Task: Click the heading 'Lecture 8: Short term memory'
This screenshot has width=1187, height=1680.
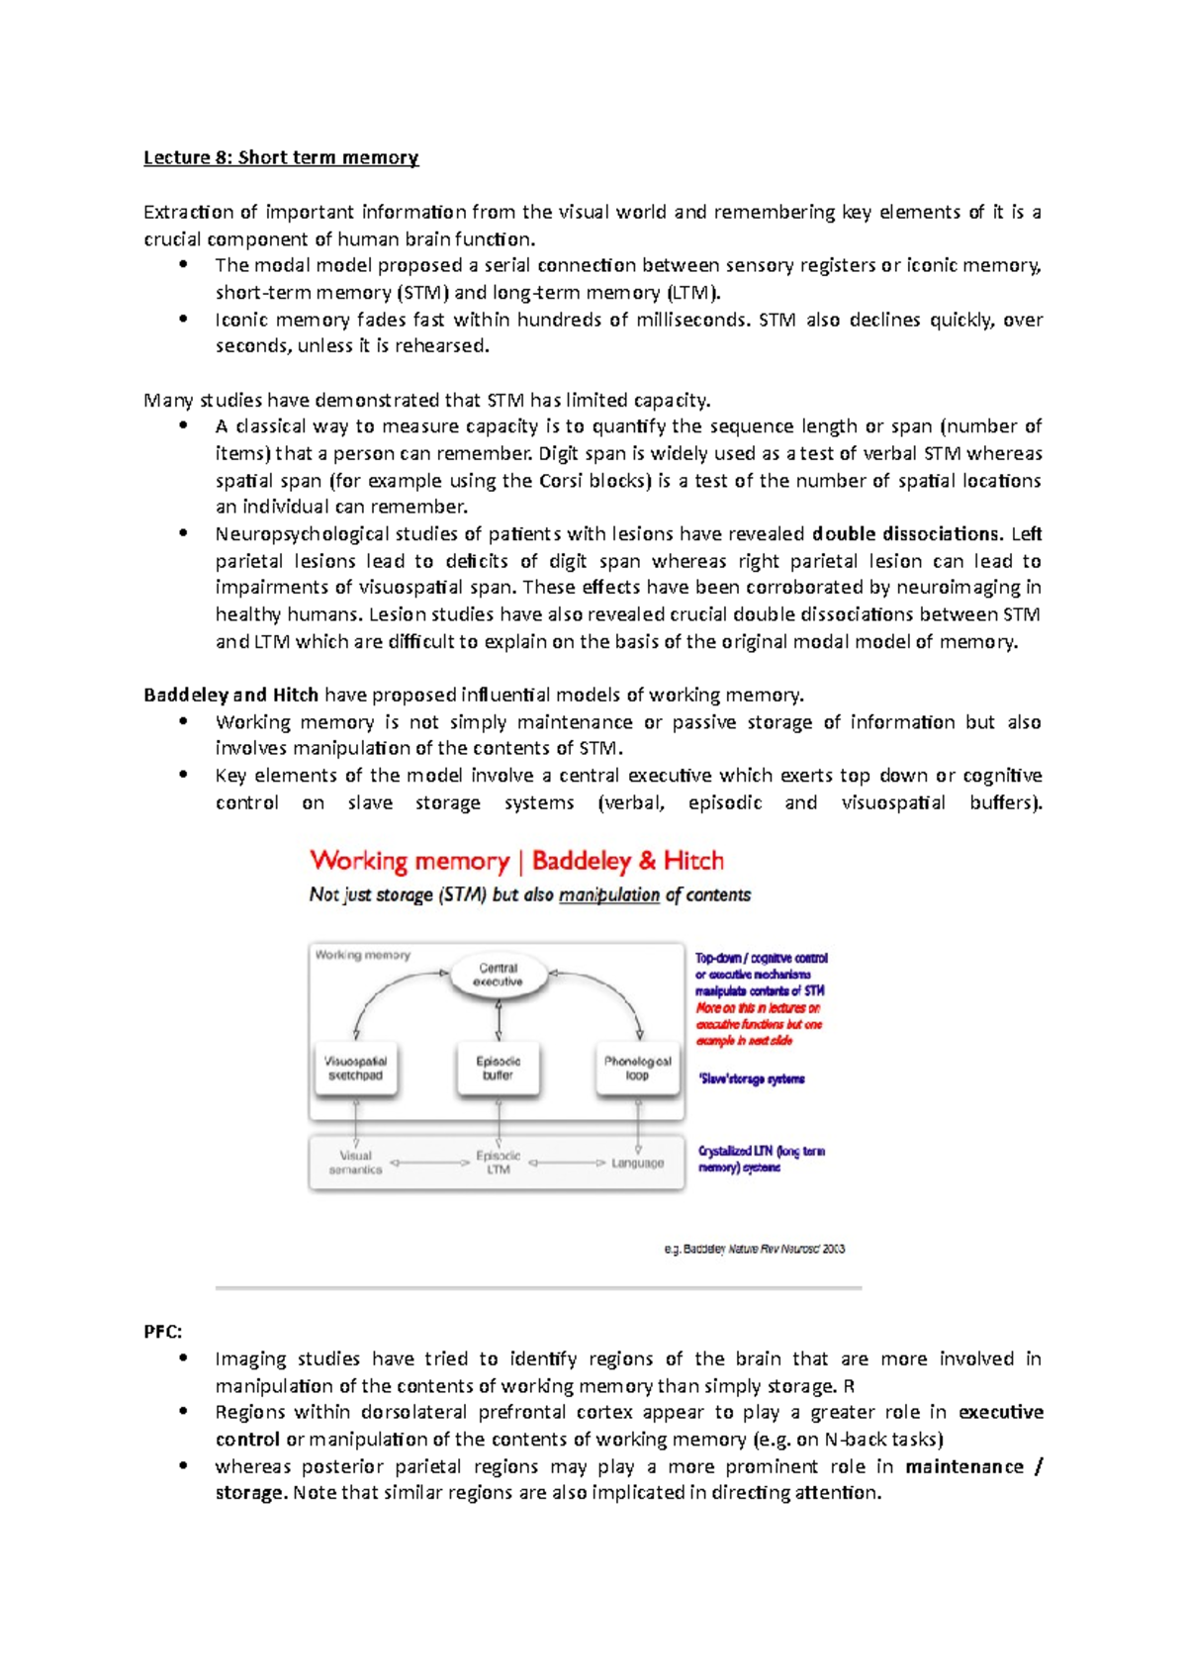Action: click(281, 157)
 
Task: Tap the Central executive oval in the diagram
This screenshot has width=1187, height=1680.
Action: click(498, 975)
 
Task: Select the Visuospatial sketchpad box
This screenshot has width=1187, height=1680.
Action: click(356, 1069)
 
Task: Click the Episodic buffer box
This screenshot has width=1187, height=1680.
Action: click(498, 1069)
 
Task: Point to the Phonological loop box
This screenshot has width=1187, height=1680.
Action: click(638, 1069)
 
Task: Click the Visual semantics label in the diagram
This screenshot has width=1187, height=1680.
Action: click(355, 1163)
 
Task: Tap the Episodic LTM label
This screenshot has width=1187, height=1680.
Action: click(498, 1163)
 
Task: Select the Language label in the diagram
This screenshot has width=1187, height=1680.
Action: click(637, 1164)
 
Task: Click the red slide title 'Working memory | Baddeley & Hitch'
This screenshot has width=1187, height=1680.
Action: click(516, 861)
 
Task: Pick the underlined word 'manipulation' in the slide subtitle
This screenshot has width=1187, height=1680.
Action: click(608, 895)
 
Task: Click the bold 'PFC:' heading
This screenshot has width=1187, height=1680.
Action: click(163, 1332)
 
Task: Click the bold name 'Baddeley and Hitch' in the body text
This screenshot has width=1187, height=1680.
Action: click(230, 695)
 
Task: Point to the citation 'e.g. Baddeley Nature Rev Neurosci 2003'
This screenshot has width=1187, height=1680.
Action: click(754, 1250)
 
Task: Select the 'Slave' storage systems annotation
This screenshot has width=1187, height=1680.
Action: click(752, 1079)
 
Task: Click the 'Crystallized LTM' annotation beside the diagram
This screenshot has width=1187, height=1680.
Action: click(760, 1159)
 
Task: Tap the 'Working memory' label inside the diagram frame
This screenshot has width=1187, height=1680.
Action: click(362, 956)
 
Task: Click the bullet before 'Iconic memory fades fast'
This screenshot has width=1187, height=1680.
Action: click(183, 319)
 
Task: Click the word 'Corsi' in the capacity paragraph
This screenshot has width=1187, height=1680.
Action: click(561, 481)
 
